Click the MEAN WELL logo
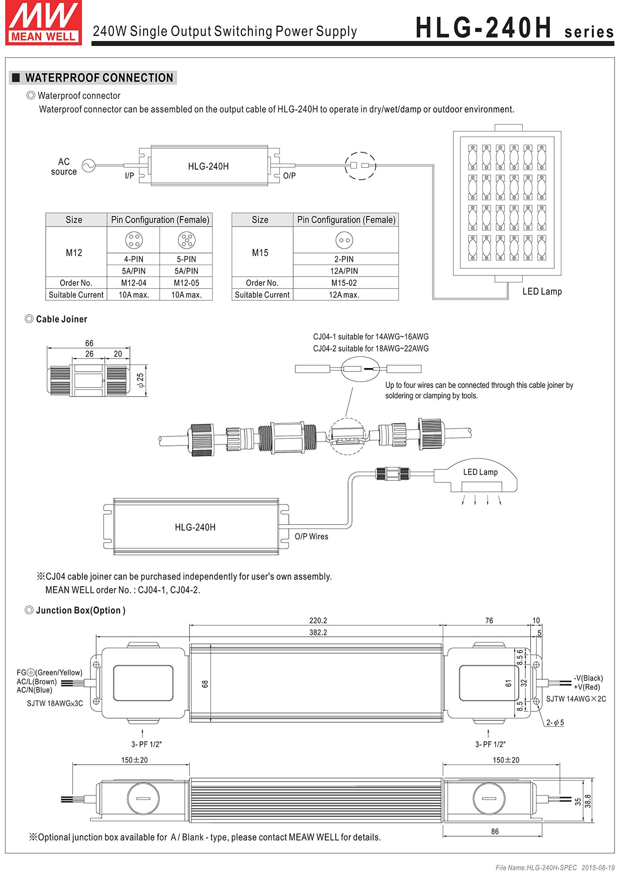[43, 23]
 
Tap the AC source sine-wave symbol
[88, 166]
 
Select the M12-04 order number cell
[134, 283]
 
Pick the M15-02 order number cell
[344, 283]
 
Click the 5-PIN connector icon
[187, 240]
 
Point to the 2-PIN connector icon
[344, 240]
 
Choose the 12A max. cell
[344, 295]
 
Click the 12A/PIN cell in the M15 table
[344, 271]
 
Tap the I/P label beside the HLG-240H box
[129, 176]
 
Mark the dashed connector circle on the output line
[360, 166]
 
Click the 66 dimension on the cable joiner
[89, 343]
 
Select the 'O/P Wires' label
[311, 536]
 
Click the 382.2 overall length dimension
[318, 632]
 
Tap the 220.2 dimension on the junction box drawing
[318, 621]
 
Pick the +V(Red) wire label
[587, 687]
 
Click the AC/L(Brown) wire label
[37, 682]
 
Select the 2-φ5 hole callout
[555, 722]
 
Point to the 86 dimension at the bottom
[495, 831]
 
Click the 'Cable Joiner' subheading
[61, 319]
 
